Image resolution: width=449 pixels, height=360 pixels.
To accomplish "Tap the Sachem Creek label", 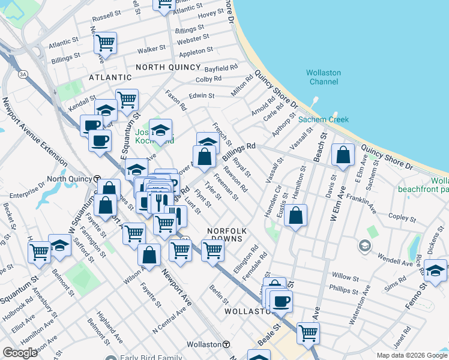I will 324,119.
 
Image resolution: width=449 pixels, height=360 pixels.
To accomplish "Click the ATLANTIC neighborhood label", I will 110,77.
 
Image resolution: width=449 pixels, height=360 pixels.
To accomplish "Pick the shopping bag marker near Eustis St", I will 295,215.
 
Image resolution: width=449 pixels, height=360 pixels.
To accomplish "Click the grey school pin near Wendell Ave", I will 364,245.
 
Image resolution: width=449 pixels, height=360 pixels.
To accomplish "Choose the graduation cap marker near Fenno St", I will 435,269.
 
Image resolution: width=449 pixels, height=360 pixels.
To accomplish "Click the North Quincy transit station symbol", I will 97,179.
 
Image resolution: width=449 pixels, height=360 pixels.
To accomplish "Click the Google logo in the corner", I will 20,353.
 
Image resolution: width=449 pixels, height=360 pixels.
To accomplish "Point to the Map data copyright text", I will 412,355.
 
